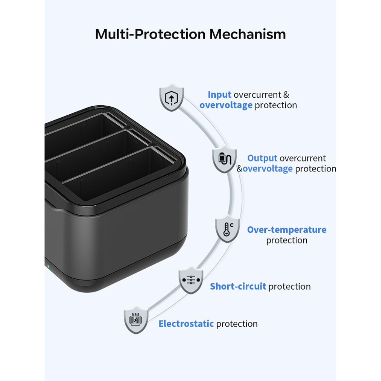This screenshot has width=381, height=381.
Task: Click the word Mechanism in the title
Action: (247, 34)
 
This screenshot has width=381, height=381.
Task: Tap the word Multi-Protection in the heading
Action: (150, 34)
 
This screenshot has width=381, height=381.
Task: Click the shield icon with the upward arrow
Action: (171, 98)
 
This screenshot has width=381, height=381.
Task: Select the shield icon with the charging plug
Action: (224, 160)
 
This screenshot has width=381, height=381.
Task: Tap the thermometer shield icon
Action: (228, 229)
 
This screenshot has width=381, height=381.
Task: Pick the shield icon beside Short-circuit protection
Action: (191, 280)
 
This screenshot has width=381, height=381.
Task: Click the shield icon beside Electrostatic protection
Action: (136, 320)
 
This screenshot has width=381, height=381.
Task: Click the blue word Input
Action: (220, 94)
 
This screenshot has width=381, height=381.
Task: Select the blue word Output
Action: (262, 158)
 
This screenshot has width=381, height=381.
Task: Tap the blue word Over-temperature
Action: (287, 230)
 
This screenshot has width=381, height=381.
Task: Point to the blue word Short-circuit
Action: (238, 286)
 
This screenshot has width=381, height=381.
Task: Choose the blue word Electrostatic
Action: (186, 324)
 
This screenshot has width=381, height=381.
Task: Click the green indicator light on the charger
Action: (48, 266)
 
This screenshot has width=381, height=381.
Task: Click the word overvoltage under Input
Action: (226, 105)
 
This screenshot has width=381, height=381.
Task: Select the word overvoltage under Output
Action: (268, 169)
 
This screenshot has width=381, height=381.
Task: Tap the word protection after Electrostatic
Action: (237, 324)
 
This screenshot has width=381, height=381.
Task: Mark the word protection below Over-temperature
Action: (287, 241)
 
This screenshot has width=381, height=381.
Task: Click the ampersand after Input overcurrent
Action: (286, 94)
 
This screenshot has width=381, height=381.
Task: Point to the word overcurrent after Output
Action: (303, 159)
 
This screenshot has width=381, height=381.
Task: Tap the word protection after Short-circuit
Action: (290, 287)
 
